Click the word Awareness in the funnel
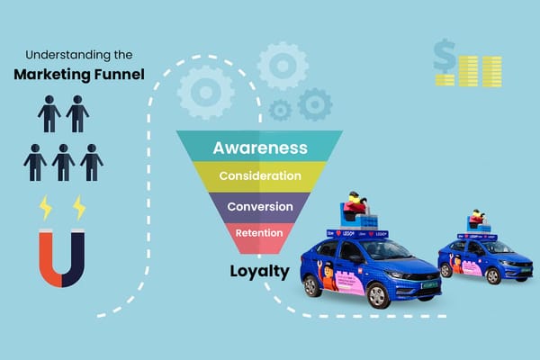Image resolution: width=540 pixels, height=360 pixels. pos(258,148)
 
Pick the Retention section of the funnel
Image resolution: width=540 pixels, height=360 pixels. pos(259,233)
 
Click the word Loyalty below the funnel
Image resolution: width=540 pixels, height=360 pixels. pos(258,269)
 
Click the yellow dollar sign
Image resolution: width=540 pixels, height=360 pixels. pos(444,56)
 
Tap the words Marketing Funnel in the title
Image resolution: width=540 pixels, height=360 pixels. pos(78,73)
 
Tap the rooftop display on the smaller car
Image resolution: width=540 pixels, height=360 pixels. pos(477,223)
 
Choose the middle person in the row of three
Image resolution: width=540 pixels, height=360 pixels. pos(63,162)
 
